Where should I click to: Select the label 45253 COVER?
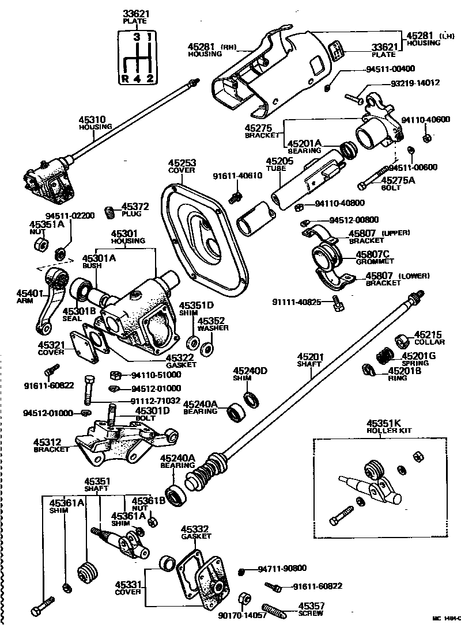182,167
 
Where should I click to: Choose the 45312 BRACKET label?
51,445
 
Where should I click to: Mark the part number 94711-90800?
282,569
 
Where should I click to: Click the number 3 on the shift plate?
137,38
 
